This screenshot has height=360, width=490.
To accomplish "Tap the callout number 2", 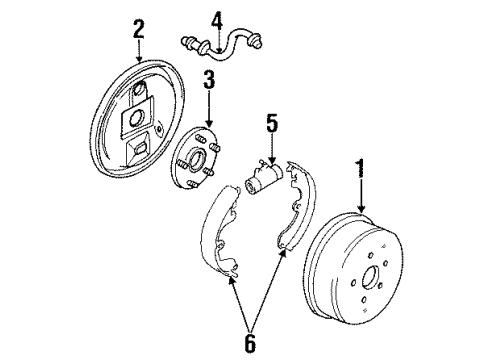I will (x=138, y=27).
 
